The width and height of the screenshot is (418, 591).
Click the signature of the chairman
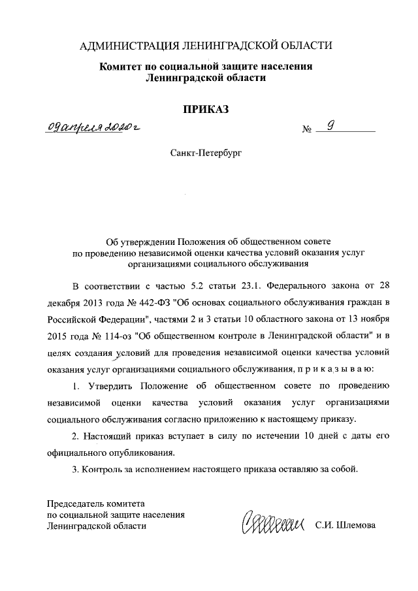click(274, 523)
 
